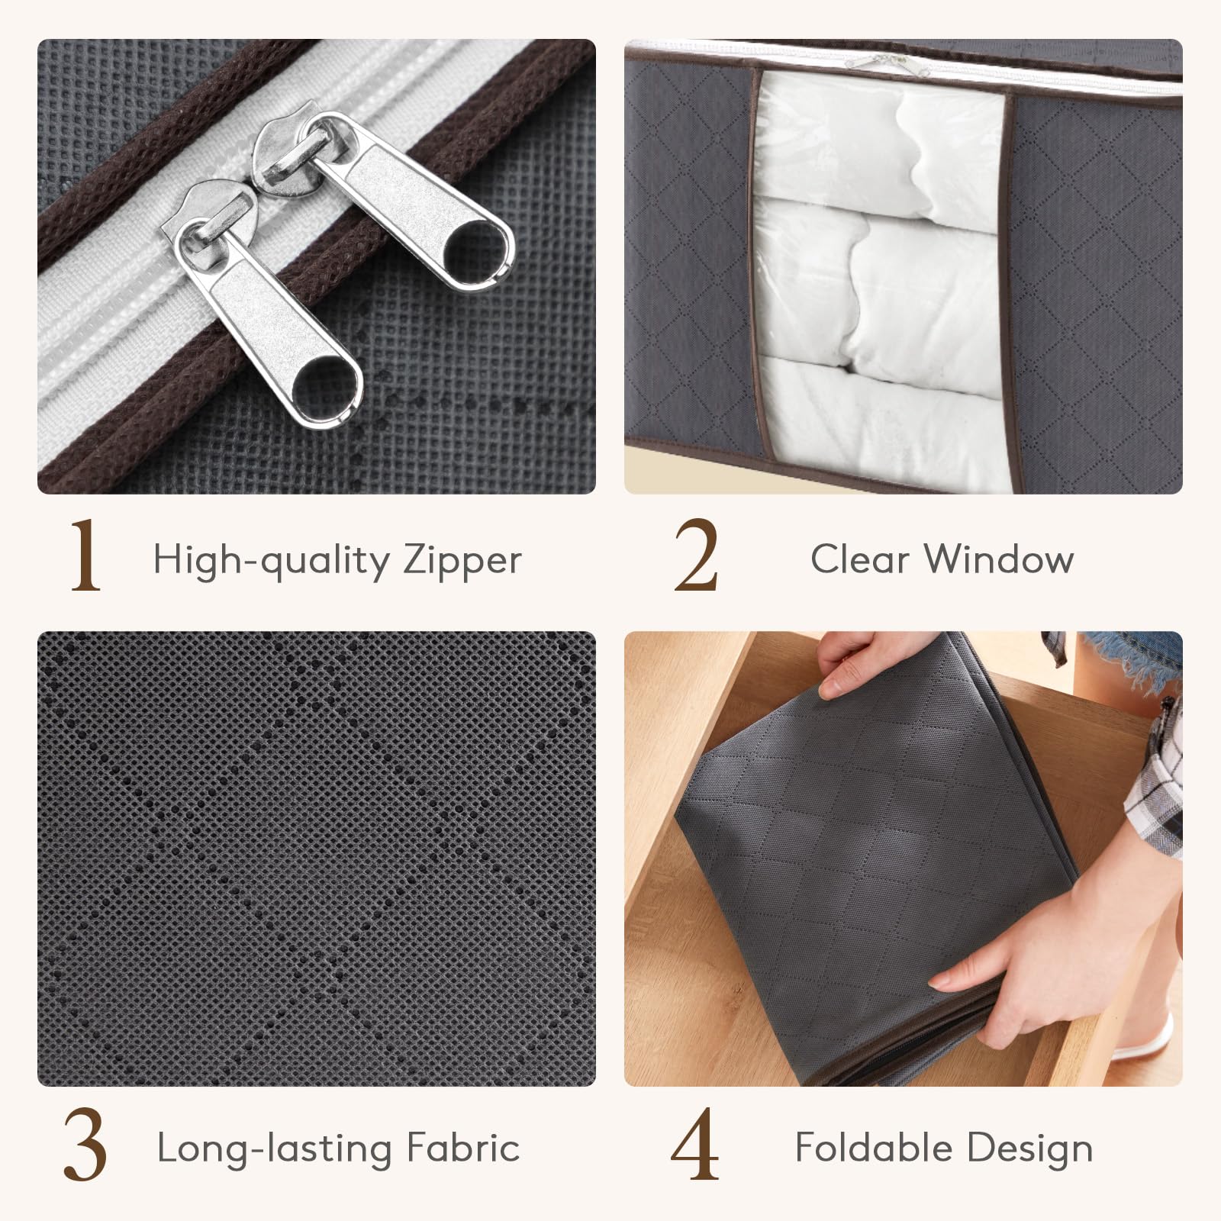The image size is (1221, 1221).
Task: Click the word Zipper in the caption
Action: pyautogui.click(x=462, y=562)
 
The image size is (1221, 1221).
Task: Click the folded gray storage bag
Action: pyautogui.click(x=878, y=855)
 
